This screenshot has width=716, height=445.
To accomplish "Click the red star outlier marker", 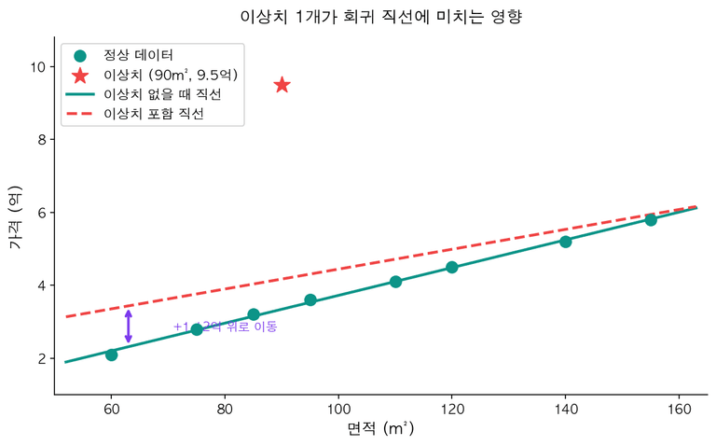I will (x=282, y=85).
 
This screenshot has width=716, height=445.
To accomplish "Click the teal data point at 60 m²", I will (x=112, y=355).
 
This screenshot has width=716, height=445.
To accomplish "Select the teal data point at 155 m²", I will (x=651, y=220).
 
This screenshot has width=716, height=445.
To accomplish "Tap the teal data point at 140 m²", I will (x=566, y=242).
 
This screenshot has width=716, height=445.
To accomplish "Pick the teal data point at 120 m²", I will (x=452, y=268).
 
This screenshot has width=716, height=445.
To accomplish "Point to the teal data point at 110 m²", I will (x=395, y=282).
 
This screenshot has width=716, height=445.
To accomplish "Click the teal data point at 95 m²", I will (x=310, y=300).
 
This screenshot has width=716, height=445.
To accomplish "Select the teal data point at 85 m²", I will (x=254, y=314).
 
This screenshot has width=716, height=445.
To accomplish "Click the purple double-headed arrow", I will (x=129, y=326).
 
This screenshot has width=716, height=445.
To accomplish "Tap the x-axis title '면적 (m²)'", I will (x=380, y=429).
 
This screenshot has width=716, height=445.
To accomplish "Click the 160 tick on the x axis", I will (x=679, y=410).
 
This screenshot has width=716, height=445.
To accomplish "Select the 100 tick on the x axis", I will (x=338, y=410).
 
